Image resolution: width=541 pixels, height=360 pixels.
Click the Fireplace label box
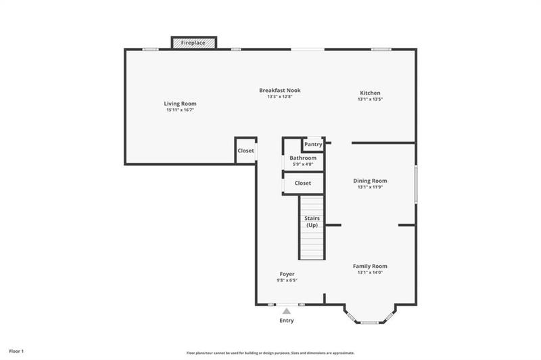click(193, 43)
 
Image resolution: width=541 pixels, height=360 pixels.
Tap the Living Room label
click(180, 104)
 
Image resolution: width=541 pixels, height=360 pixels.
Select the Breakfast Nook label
click(279, 90)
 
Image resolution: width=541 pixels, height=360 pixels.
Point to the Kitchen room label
click(370, 93)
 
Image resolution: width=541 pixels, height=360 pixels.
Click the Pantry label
click(313, 144)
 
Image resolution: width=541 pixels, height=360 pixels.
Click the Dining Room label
click(370, 181)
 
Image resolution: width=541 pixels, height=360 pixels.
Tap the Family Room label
click(370, 266)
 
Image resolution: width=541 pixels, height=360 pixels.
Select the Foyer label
click(286, 274)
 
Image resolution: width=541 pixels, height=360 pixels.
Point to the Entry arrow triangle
click(286, 311)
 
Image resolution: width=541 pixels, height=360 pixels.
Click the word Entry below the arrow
click(286, 321)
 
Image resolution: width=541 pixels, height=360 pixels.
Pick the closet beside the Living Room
click(245, 151)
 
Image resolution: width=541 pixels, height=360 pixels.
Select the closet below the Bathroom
click(302, 183)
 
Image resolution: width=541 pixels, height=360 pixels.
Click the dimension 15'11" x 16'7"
click(180, 110)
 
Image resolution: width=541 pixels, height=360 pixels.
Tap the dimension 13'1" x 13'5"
click(370, 99)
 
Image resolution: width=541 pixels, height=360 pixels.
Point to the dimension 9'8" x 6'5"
click(286, 280)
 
